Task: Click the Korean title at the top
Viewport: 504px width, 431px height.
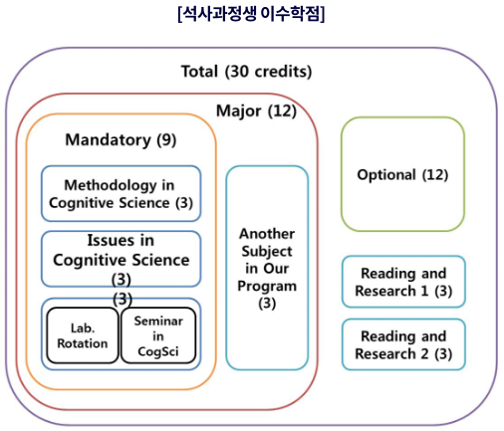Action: [x=251, y=14]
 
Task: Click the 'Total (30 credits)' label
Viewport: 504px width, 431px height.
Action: [x=246, y=72]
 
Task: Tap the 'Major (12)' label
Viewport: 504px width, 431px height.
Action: [x=256, y=110]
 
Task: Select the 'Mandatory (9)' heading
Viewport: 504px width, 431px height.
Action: [x=121, y=140]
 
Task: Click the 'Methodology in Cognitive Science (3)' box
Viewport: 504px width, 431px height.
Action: [x=121, y=194]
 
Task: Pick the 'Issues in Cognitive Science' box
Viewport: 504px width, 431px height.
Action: [x=121, y=259]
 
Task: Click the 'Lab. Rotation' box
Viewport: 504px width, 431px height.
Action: [x=83, y=335]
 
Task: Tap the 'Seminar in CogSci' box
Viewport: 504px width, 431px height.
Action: [x=158, y=335]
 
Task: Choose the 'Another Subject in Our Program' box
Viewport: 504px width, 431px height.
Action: [x=267, y=268]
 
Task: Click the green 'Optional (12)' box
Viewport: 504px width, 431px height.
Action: [x=402, y=174]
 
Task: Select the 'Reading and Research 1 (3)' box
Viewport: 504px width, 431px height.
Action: [x=403, y=282]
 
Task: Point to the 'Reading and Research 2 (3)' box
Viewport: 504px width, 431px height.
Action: [x=403, y=344]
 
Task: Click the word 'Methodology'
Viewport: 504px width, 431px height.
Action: [x=111, y=186]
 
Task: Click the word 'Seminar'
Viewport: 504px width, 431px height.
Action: [x=158, y=321]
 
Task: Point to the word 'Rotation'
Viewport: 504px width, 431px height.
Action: [x=83, y=343]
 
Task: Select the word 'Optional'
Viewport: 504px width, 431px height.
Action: [x=386, y=175]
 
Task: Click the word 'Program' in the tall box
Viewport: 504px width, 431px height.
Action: [x=267, y=287]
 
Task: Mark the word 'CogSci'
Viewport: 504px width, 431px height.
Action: [x=158, y=351]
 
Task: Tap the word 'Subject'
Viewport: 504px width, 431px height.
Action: [x=267, y=252]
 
